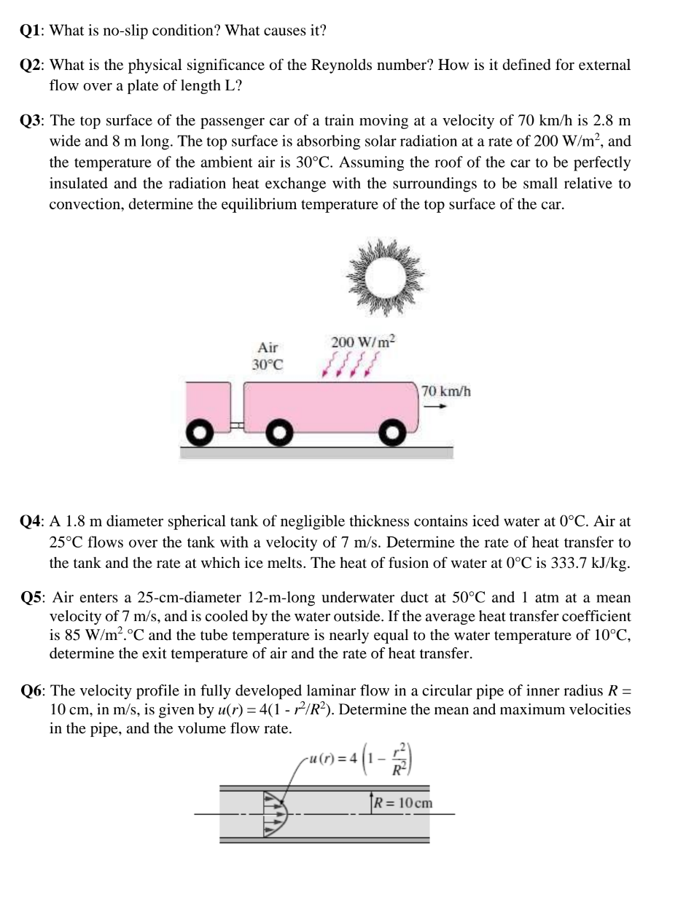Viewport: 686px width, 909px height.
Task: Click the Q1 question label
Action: tap(32, 31)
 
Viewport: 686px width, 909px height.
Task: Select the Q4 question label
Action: tap(32, 522)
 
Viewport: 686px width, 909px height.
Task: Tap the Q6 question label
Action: tap(32, 690)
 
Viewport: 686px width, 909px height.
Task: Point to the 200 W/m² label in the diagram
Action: tap(364, 342)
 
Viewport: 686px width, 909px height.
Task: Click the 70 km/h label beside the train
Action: tap(446, 391)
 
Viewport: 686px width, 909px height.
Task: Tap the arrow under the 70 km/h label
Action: tap(435, 407)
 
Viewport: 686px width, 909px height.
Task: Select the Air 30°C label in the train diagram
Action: tap(268, 356)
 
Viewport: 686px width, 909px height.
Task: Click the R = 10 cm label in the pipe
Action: tap(405, 803)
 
